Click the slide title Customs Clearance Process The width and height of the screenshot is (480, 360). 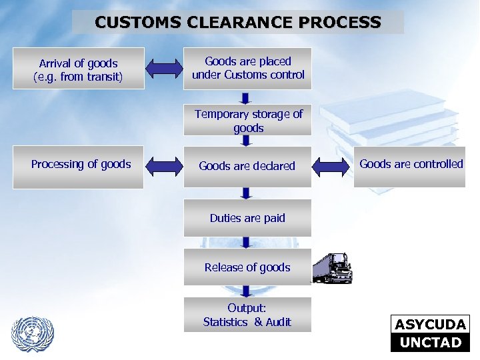[238, 22]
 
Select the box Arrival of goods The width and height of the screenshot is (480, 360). [79, 69]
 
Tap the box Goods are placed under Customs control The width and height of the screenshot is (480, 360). [248, 69]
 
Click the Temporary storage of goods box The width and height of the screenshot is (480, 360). [248, 121]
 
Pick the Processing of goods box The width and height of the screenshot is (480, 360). [81, 165]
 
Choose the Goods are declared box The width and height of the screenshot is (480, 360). [247, 166]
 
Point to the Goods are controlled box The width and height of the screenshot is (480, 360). [411, 165]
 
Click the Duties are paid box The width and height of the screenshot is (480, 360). [247, 218]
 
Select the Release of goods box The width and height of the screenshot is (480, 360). [247, 267]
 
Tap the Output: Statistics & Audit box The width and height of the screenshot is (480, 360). [247, 315]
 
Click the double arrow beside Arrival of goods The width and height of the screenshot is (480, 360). [164, 68]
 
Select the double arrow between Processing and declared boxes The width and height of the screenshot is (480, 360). [164, 166]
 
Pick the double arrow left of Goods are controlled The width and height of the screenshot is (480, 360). [332, 166]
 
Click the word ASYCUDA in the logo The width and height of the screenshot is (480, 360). [430, 325]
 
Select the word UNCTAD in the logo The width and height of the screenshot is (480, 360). [430, 343]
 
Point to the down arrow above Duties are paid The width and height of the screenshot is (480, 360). [247, 193]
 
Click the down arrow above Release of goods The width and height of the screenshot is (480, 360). [247, 243]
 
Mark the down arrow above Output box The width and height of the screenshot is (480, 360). [247, 291]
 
